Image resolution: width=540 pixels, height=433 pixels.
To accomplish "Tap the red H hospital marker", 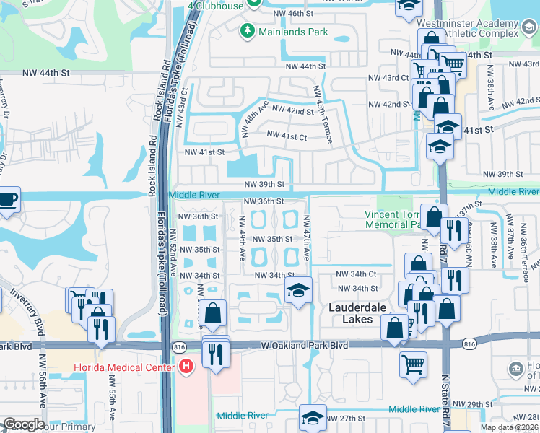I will coord(187,367).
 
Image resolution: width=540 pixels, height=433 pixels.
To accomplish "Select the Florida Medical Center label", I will coord(123,367).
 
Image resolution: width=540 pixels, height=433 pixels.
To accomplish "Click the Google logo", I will coord(24,424).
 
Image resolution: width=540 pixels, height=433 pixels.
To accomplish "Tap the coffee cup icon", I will coord(7,199).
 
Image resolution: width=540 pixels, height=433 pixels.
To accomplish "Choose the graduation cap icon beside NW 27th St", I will coord(313,419).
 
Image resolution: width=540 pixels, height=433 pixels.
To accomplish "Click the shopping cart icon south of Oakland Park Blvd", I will coord(412,364).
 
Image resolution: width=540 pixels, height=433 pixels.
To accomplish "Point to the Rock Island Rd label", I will coord(153,166).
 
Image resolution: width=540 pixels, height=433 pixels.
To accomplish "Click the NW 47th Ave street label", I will coord(307,237).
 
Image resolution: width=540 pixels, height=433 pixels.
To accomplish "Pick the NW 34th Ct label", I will coord(362,274).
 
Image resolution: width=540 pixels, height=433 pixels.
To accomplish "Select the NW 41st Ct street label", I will coord(287,135).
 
